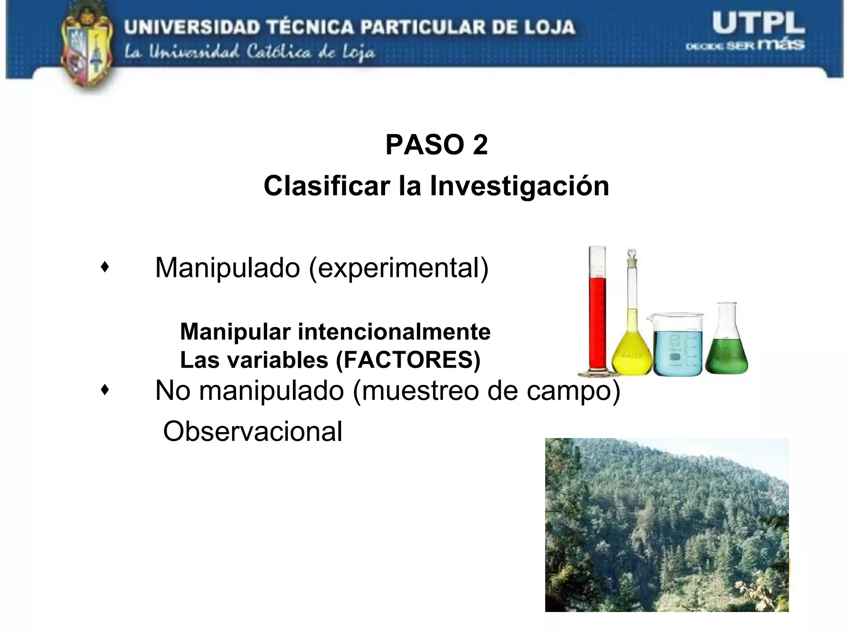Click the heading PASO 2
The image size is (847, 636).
point(436,145)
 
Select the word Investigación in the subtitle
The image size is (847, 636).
point(519,186)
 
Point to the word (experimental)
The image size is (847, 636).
point(399,268)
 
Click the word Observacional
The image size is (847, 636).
point(253,431)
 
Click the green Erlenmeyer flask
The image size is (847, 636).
point(727,348)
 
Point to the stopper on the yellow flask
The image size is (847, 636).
point(632,253)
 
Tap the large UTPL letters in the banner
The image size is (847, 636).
point(758,24)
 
